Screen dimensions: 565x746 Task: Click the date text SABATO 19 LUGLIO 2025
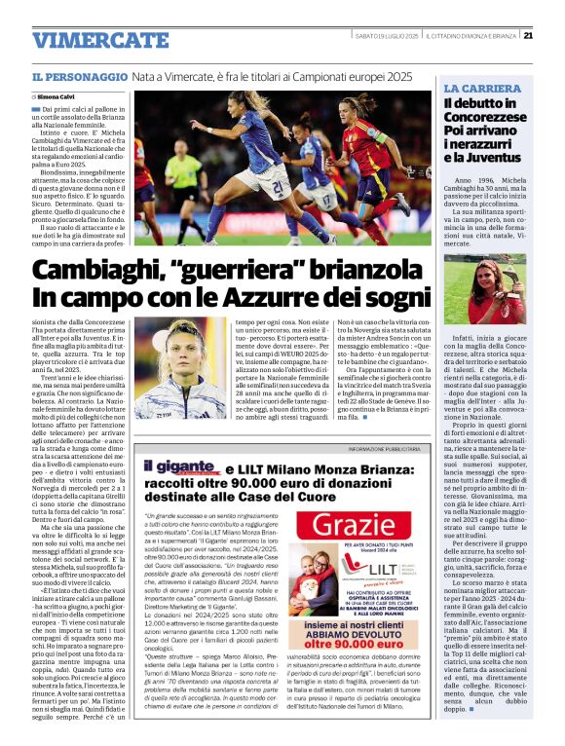(386, 36)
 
